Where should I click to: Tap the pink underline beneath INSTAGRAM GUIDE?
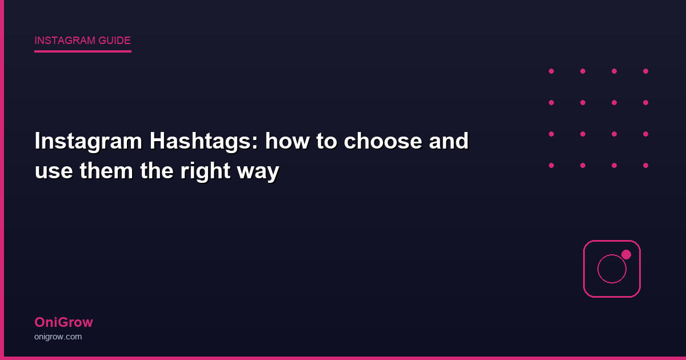coord(83,51)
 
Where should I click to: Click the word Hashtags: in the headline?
coord(204,142)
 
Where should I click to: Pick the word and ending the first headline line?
coord(449,142)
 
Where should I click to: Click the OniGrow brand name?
coord(63,322)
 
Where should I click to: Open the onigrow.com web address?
coord(58,337)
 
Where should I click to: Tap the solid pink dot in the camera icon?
coord(626,254)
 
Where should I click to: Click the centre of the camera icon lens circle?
coord(612,269)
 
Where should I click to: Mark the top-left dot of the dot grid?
coord(551,71)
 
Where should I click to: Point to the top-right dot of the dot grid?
coord(645,71)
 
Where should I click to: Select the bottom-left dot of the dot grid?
coord(551,165)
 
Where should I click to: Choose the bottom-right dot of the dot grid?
coord(645,165)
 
